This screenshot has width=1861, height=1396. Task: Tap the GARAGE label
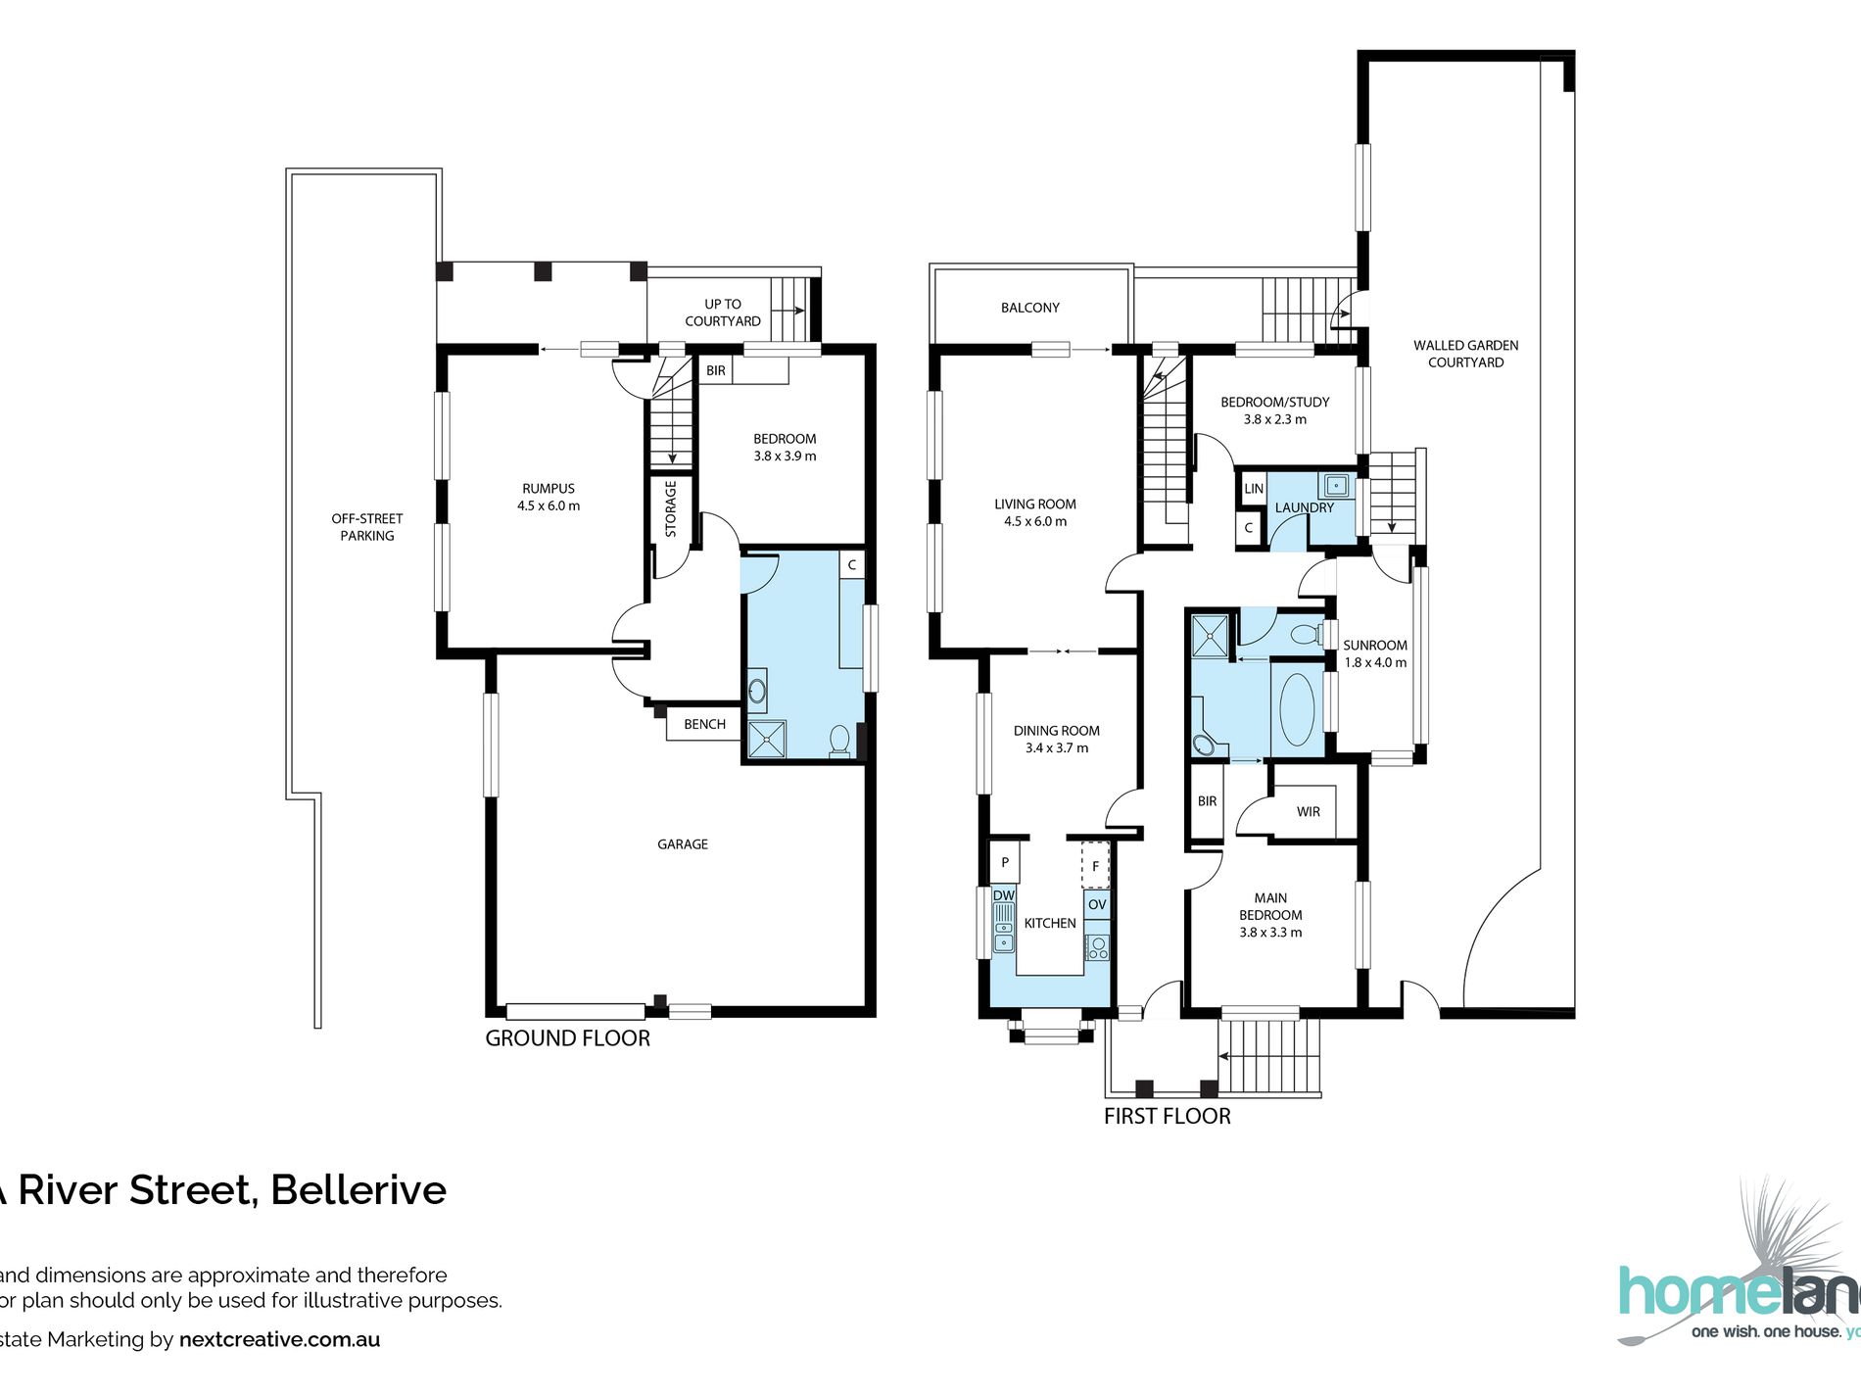pyautogui.click(x=683, y=843)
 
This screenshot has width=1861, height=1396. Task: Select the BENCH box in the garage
pyautogui.click(x=704, y=724)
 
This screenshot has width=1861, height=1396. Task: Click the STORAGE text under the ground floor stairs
pyautogui.click(x=671, y=508)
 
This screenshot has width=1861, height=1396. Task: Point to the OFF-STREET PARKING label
pyautogui.click(x=367, y=527)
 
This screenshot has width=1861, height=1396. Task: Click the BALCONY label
pyautogui.click(x=1029, y=308)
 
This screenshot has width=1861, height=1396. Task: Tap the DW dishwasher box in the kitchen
pyautogui.click(x=1004, y=895)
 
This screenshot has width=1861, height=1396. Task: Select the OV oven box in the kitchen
pyautogui.click(x=1097, y=904)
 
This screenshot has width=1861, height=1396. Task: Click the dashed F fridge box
pyautogui.click(x=1095, y=865)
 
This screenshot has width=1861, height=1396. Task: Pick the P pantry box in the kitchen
pyautogui.click(x=1005, y=863)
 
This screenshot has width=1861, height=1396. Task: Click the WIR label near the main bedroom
pyautogui.click(x=1308, y=811)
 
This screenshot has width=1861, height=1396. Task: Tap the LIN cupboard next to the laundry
pyautogui.click(x=1254, y=488)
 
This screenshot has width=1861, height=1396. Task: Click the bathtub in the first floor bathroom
pyautogui.click(x=1297, y=709)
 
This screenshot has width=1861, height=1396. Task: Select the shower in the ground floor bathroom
pyautogui.click(x=767, y=740)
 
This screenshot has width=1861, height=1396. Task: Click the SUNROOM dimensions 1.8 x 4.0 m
pyautogui.click(x=1375, y=662)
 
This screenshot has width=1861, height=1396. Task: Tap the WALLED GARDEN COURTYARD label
pyautogui.click(x=1465, y=354)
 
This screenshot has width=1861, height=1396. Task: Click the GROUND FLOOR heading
pyautogui.click(x=567, y=1038)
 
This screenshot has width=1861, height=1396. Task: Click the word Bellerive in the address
pyautogui.click(x=358, y=1190)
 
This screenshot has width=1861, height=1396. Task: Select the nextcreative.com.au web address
pyautogui.click(x=279, y=1340)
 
